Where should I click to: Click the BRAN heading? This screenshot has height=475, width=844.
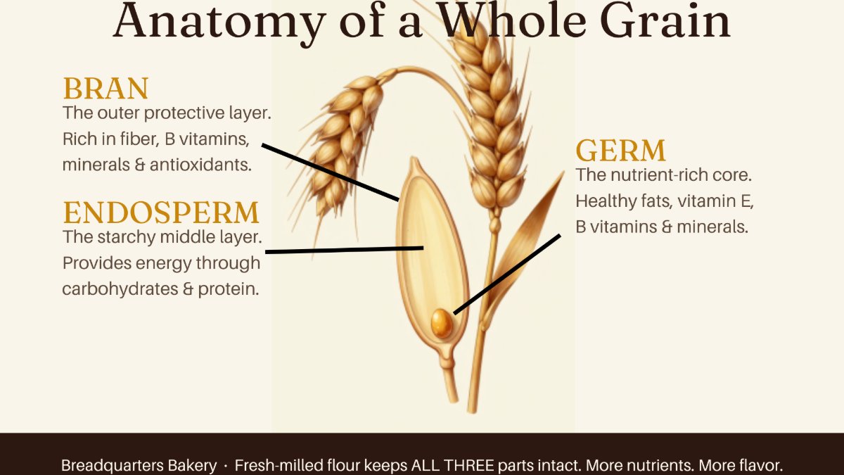click(x=106, y=89)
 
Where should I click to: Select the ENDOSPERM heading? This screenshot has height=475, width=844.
click(x=161, y=213)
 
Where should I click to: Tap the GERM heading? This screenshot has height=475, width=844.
click(x=621, y=151)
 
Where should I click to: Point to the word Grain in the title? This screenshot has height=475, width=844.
click(x=665, y=20)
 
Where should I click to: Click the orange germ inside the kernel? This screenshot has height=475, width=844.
click(x=442, y=324)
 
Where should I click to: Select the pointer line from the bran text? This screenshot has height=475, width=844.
click(x=330, y=172)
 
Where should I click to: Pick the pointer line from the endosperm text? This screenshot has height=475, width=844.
click(x=345, y=250)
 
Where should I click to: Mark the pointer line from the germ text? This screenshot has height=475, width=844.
click(x=507, y=274)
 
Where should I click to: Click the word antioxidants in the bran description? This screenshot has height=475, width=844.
click(x=200, y=165)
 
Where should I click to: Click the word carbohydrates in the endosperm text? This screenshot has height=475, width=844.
click(x=120, y=289)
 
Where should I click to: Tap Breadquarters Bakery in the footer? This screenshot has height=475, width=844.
click(x=139, y=466)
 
